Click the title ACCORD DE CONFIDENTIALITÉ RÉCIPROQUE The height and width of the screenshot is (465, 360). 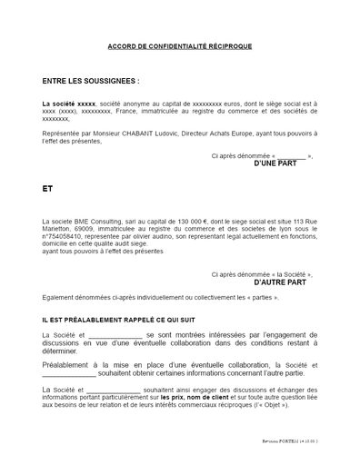[x=179, y=46]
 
